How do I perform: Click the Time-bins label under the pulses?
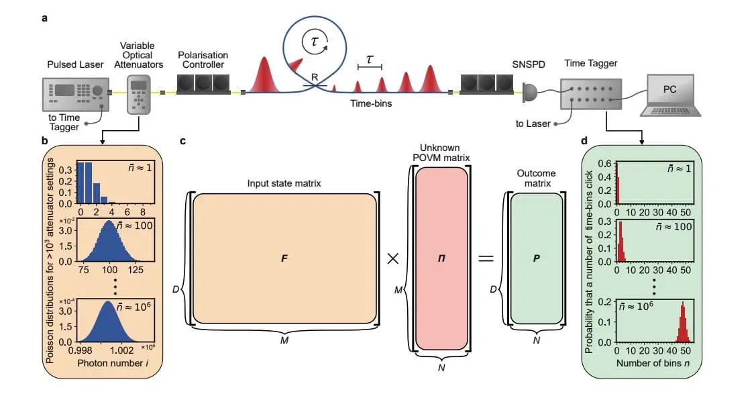coord(371,104)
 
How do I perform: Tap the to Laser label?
coord(533,123)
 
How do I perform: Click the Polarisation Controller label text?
coord(203,60)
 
